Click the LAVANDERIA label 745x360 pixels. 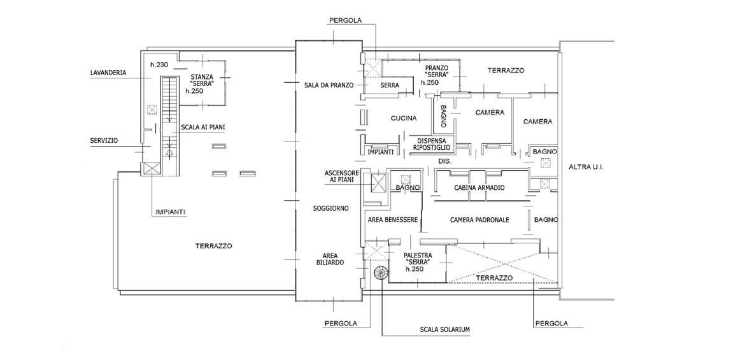click(x=108, y=73)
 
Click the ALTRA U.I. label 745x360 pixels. click(x=586, y=167)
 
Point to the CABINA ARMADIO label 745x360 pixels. click(x=479, y=188)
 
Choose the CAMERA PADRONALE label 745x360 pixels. click(x=479, y=220)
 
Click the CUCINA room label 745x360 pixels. click(x=404, y=118)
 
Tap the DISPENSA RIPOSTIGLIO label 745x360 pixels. click(x=432, y=144)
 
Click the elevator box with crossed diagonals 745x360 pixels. click(x=378, y=183)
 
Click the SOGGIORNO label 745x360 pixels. click(x=330, y=208)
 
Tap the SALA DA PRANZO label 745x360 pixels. click(x=329, y=85)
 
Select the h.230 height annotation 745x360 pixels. click(x=159, y=65)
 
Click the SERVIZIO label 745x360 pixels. click(x=104, y=141)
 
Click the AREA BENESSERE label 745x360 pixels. click(x=392, y=220)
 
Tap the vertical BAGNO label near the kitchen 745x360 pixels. click(x=443, y=115)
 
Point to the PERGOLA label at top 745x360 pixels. click(x=345, y=20)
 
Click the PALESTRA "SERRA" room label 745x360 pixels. click(x=418, y=261)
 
